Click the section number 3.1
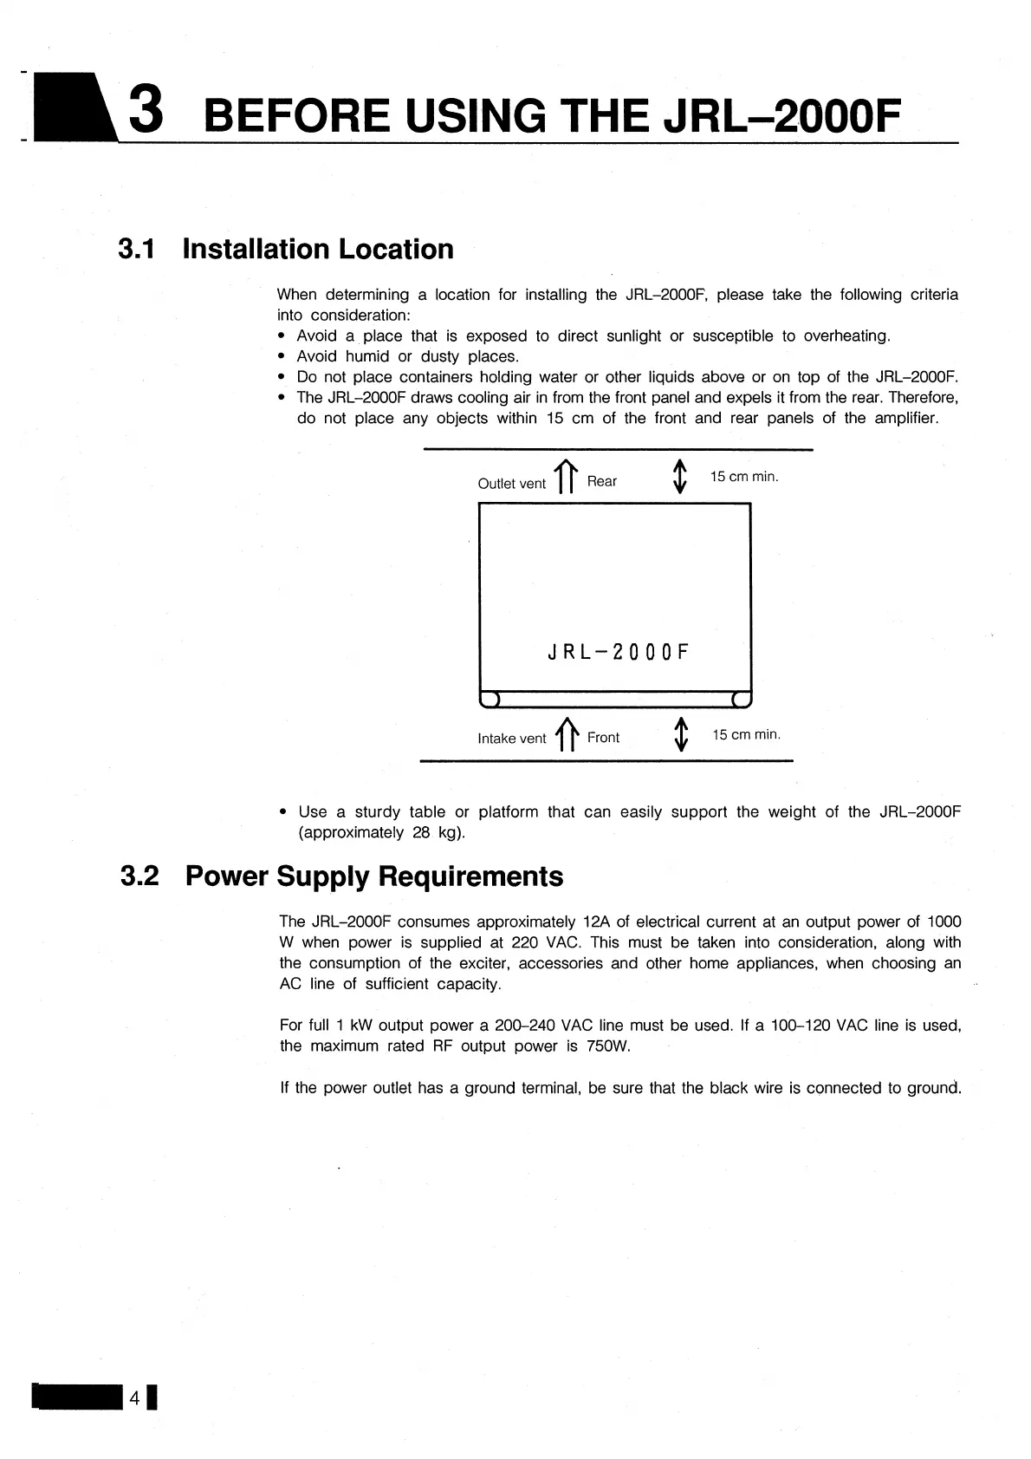tap(137, 250)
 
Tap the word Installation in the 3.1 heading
tap(256, 250)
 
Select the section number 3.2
tap(139, 876)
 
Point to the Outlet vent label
tap(511, 484)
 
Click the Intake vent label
tap(511, 739)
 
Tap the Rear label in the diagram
tap(601, 481)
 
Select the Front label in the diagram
tap(603, 738)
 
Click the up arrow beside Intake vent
tap(567, 734)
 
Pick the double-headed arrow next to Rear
tap(680, 476)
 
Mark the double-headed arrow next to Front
tap(682, 734)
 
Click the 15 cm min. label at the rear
tap(744, 477)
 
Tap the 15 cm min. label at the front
tap(746, 735)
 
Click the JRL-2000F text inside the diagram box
tap(618, 652)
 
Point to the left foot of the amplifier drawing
tap(490, 700)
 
